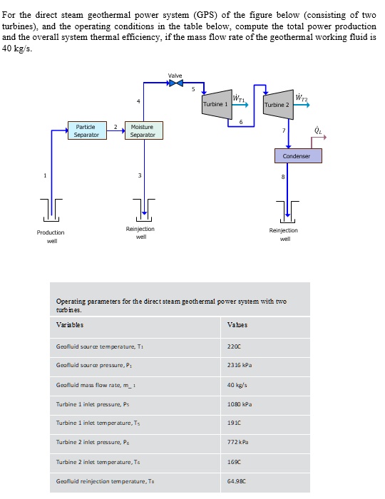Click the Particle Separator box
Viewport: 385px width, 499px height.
coord(86,130)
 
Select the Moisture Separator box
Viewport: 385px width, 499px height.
coord(143,130)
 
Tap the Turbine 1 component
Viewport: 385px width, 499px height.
coord(216,103)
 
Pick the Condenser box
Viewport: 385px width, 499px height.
coord(296,156)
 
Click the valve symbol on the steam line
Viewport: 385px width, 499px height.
coord(175,83)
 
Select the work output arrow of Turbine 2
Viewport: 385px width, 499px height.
coord(302,105)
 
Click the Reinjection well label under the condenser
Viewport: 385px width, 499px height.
coord(284,234)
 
